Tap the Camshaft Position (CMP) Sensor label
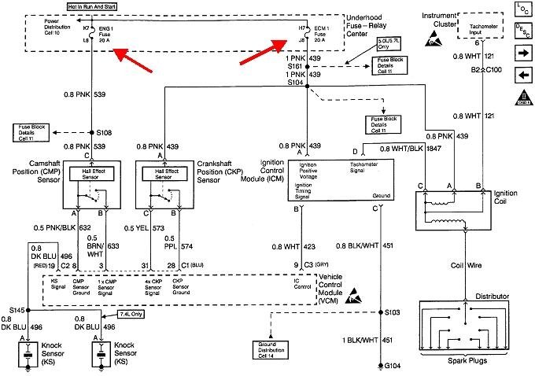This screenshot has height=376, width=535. [x=31, y=170]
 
